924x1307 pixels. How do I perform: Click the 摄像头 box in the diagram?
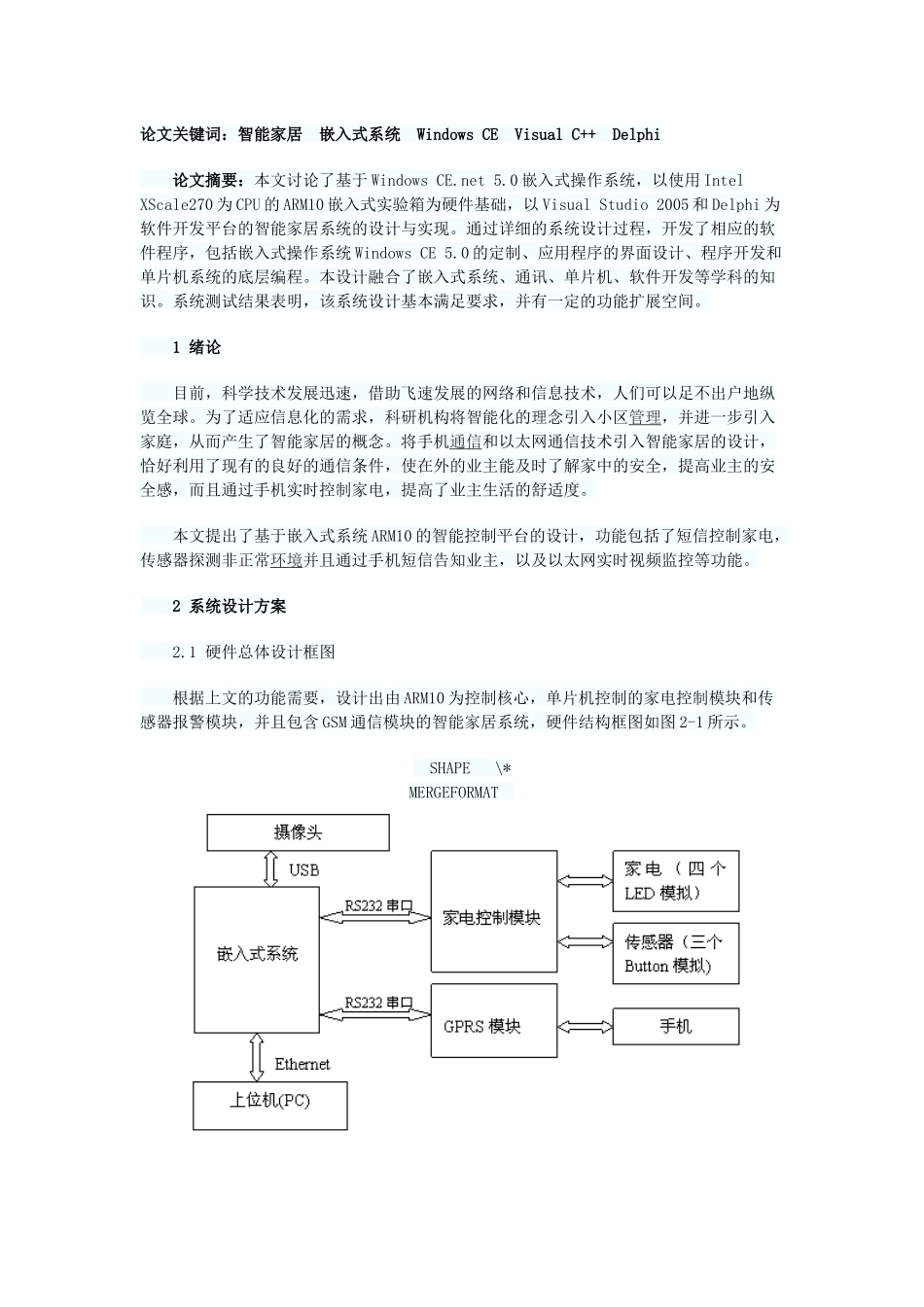pos(298,832)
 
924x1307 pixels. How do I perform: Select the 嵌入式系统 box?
pos(257,954)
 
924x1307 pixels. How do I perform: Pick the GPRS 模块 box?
pos(493,1021)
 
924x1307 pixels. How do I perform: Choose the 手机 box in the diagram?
pos(675,1026)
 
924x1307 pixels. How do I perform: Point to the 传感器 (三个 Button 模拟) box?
pos(675,953)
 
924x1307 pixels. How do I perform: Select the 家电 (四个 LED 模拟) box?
pos(675,881)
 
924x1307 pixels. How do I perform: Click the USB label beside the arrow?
pos(303,869)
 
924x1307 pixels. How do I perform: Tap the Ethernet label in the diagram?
pos(302,1064)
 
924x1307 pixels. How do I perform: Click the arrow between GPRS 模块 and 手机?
pos(585,1026)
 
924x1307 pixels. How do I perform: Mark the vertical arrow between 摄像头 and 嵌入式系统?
pos(270,868)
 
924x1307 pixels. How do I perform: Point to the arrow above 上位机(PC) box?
pos(256,1057)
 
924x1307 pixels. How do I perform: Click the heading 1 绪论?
pos(196,347)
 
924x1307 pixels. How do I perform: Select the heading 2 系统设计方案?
pos(229,606)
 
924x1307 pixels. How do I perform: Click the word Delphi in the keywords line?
pos(636,134)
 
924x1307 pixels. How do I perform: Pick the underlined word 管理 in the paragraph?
pos(644,417)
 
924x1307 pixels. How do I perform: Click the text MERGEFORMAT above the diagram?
pos(453,792)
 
